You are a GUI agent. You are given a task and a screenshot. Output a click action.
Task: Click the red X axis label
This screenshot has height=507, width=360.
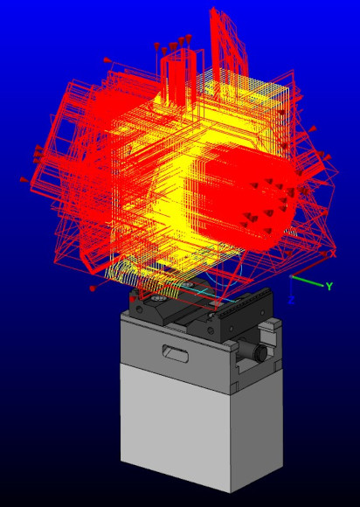pos(333,254)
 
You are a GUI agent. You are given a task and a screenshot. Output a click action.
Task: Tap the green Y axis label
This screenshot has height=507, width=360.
pos(329,286)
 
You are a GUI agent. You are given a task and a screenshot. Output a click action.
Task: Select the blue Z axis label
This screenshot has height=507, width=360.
pos(291,301)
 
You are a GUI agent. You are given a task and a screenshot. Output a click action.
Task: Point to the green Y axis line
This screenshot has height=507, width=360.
pos(308,281)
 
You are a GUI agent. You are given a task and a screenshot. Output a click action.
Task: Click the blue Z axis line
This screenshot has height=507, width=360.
pos(291,286)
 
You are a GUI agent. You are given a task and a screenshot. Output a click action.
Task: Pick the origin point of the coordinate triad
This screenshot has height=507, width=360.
pos(291,276)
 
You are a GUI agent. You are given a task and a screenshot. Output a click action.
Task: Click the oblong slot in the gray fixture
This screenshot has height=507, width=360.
pos(175,351)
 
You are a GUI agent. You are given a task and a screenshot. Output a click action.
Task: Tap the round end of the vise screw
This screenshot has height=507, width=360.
pos(260,353)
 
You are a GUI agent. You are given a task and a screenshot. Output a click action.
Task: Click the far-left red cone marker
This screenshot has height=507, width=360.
pos(24,179)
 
